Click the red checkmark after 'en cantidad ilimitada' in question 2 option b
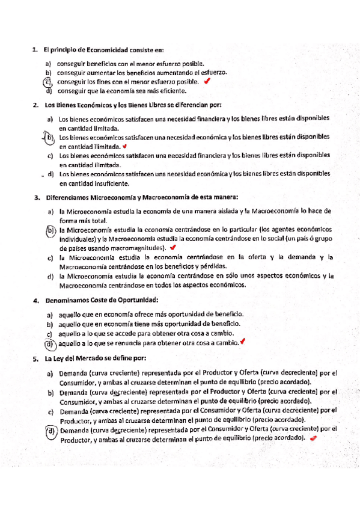(124, 146)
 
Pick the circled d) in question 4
(49, 343)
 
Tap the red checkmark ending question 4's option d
(242, 342)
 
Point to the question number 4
(36, 299)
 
